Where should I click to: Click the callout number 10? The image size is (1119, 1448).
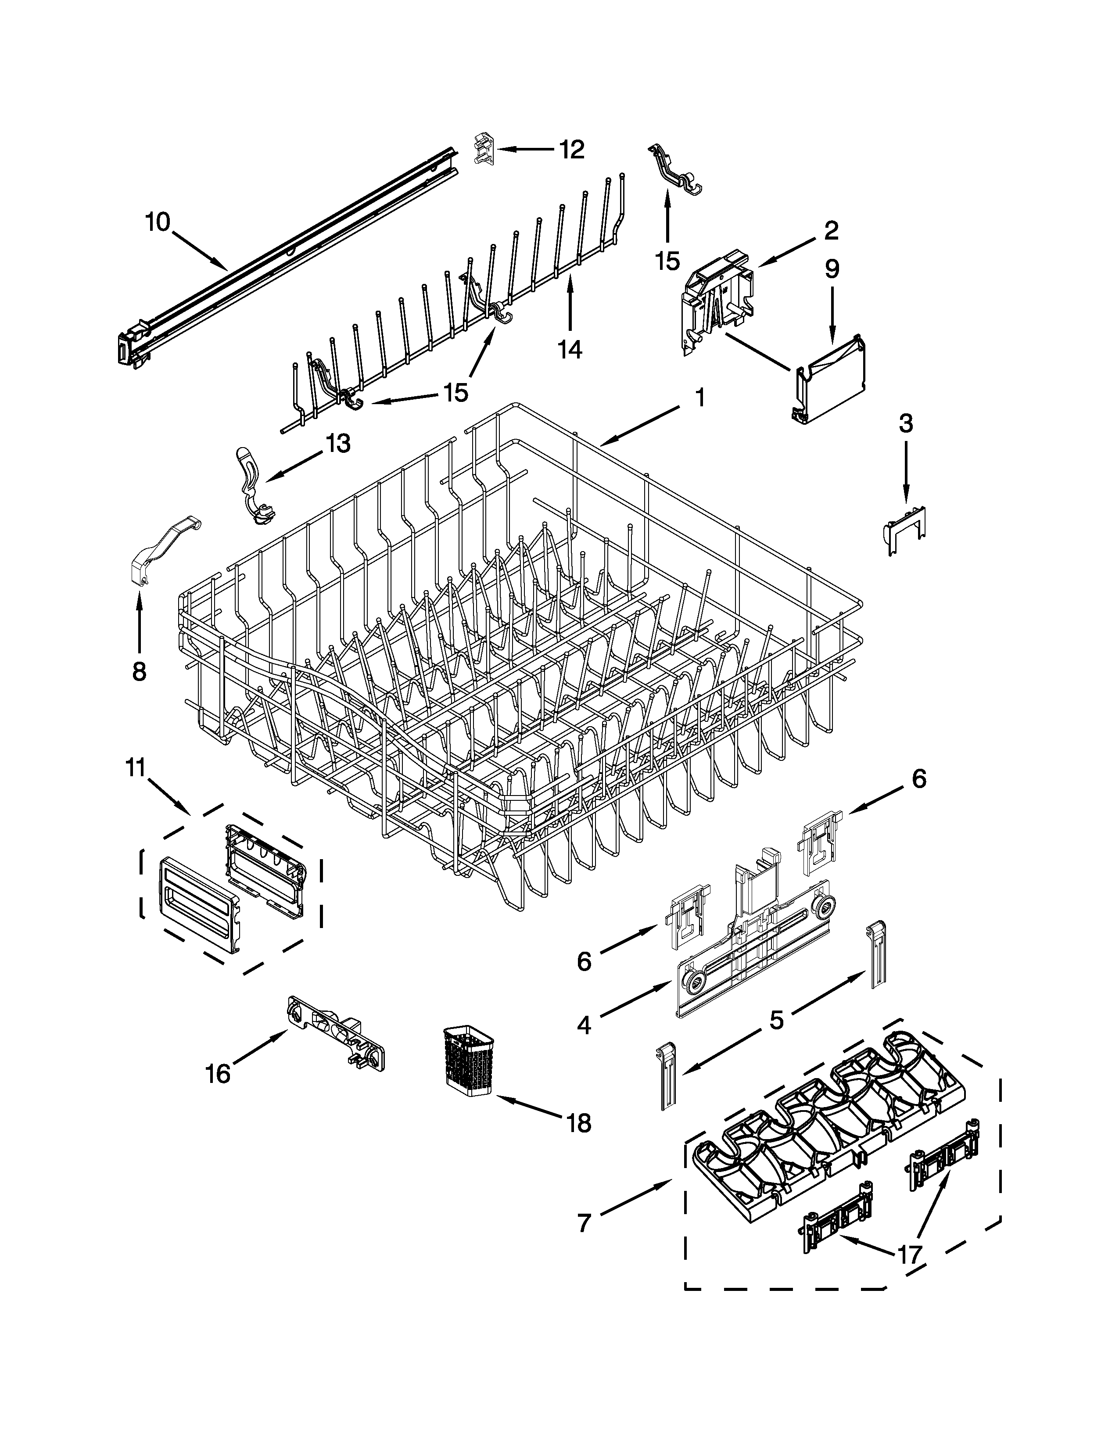158,222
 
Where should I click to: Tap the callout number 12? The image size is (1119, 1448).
571,150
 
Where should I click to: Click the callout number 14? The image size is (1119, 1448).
570,349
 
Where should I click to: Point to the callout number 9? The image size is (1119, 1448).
832,269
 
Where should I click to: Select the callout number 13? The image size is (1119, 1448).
338,444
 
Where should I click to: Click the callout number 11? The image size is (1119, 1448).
135,768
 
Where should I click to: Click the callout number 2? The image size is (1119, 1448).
831,231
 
